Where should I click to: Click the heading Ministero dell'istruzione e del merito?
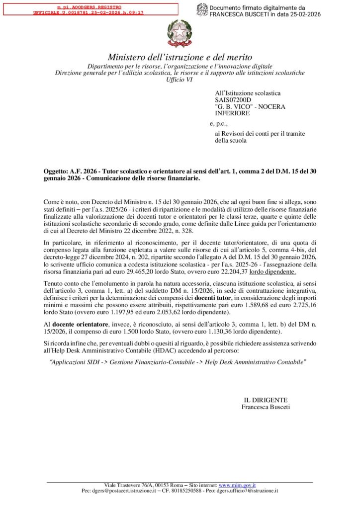click(180, 57)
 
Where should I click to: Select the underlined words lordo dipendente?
click(272, 271)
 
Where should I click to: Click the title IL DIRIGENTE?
click(265, 400)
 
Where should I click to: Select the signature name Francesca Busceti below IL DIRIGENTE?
click(265, 407)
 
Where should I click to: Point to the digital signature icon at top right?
click(202, 10)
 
